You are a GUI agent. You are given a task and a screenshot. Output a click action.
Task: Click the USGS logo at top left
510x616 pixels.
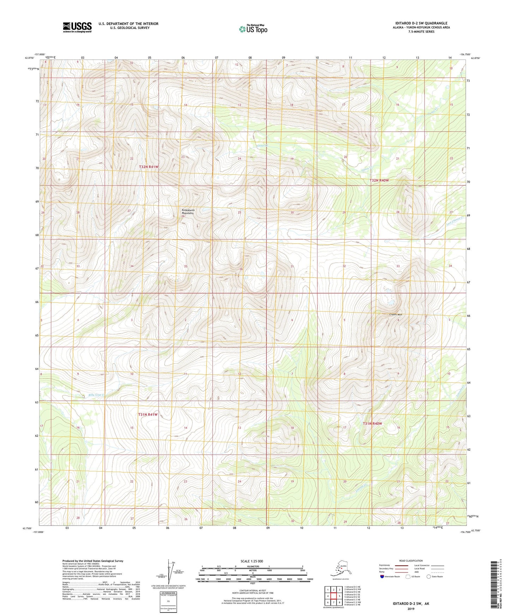pos(77,27)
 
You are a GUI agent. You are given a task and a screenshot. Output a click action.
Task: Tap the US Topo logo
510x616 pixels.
pos(253,29)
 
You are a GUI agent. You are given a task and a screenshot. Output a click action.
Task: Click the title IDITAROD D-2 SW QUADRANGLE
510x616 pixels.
pos(421,23)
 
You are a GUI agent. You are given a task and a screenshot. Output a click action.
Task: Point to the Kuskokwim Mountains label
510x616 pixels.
pos(188,212)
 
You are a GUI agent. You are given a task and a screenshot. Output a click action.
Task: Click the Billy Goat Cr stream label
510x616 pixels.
pos(97,395)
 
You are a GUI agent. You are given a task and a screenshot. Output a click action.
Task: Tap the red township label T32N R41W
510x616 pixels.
pos(148,167)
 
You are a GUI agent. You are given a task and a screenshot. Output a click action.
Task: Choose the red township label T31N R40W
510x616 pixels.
pos(373,423)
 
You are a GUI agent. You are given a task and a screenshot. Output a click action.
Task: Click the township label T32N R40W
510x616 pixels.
pos(379,180)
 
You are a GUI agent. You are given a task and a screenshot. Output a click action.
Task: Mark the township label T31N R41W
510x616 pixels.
pos(148,415)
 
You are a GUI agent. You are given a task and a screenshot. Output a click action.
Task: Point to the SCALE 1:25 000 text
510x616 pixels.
pos(252,561)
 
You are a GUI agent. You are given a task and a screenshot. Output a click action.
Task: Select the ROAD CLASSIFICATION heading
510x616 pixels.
pos(411,561)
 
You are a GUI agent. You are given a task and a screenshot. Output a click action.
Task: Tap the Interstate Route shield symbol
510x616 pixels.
pos(382,576)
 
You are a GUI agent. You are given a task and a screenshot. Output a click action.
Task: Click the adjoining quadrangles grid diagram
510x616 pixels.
pos(334,597)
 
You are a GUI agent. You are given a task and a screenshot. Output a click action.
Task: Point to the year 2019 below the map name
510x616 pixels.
pos(410,609)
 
